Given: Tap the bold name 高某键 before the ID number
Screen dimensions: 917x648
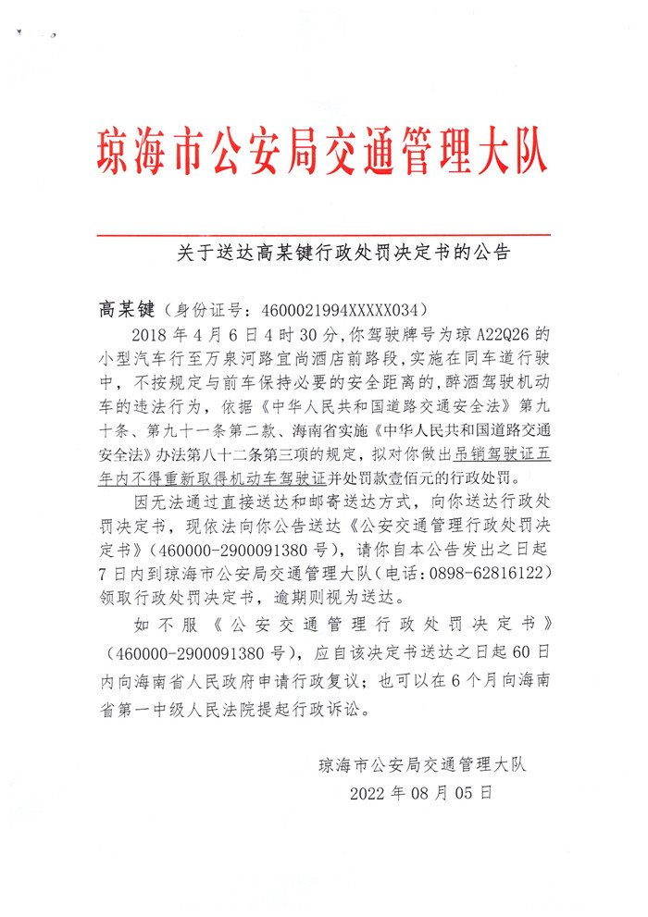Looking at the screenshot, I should tap(128, 308).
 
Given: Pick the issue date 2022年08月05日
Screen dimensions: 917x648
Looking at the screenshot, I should tap(421, 793).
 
